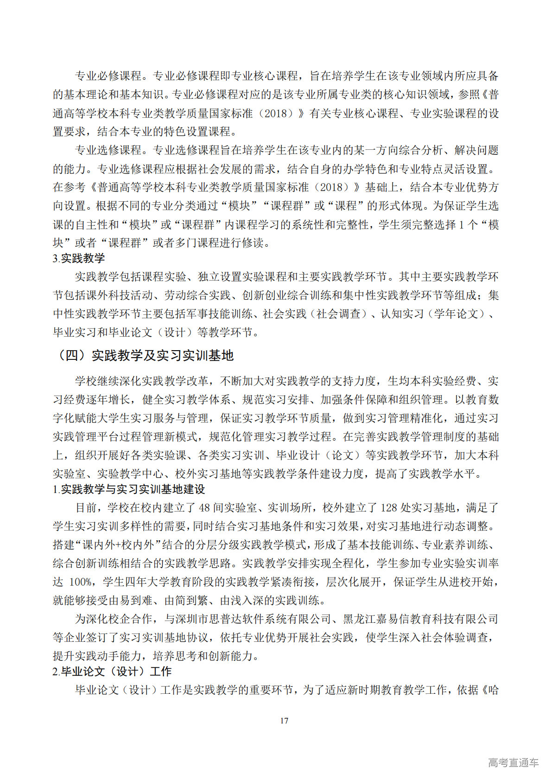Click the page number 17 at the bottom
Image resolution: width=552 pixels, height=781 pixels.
(284, 720)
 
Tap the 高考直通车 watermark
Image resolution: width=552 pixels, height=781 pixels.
(513, 762)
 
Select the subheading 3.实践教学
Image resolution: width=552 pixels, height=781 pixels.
(79, 258)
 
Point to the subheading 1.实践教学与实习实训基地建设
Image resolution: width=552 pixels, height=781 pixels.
(129, 489)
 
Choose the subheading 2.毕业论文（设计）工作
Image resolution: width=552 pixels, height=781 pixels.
(112, 671)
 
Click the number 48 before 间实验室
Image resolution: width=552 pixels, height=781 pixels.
(204, 508)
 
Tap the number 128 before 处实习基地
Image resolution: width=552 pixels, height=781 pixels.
(388, 508)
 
